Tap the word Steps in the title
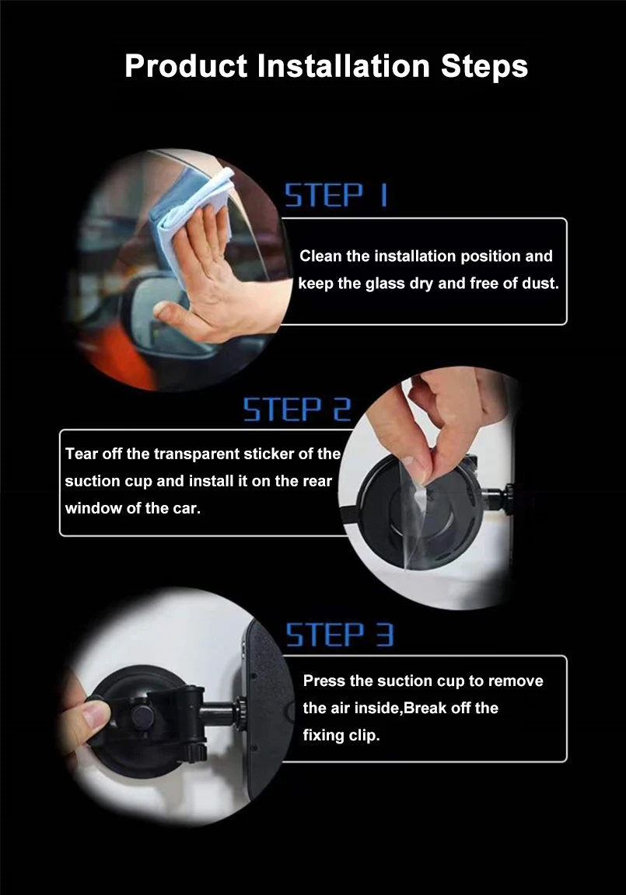484,68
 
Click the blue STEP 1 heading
337,195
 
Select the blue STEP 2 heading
297,409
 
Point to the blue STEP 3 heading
340,635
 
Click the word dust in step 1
539,283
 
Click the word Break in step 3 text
425,708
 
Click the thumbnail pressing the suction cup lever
93,713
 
